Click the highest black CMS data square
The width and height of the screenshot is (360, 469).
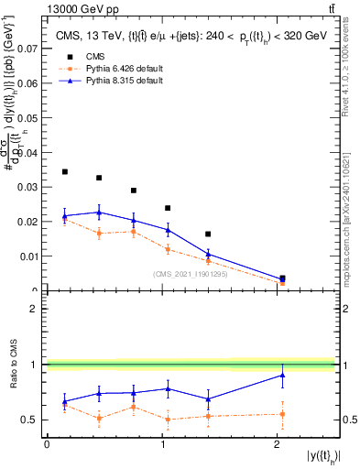pyautogui.click(x=64, y=171)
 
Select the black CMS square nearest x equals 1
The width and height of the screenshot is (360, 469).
pyautogui.click(x=168, y=208)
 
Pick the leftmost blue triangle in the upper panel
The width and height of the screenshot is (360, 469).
pyautogui.click(x=64, y=216)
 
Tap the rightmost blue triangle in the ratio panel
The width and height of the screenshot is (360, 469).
pyautogui.click(x=282, y=375)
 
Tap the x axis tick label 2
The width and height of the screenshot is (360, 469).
pyautogui.click(x=277, y=444)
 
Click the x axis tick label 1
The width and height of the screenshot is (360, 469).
pyautogui.click(x=162, y=444)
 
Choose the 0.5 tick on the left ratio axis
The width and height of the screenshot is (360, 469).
pyautogui.click(x=34, y=420)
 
